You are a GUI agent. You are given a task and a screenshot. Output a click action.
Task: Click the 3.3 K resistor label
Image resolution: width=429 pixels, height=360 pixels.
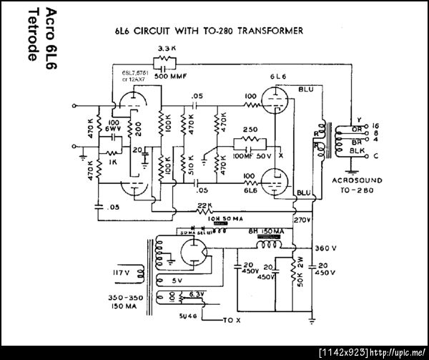tap(165, 47)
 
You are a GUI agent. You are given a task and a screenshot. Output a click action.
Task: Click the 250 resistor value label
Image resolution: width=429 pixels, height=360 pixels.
tap(249, 129)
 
